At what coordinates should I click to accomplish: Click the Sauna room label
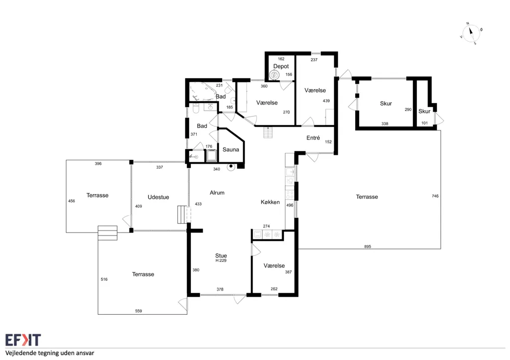pyautogui.click(x=231, y=149)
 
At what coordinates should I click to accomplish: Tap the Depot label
pyautogui.click(x=281, y=66)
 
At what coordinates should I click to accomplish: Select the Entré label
pyautogui.click(x=313, y=138)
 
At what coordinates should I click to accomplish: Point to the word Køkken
pyautogui.click(x=270, y=202)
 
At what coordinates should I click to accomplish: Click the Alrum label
pyautogui.click(x=217, y=193)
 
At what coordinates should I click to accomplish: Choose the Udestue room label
pyautogui.click(x=158, y=197)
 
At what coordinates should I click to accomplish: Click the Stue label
pyautogui.click(x=221, y=255)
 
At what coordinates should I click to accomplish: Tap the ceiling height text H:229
pyautogui.click(x=221, y=260)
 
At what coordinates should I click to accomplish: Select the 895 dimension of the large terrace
pyautogui.click(x=368, y=246)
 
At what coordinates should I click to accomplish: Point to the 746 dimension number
pyautogui.click(x=435, y=196)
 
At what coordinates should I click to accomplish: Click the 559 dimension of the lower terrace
pyautogui.click(x=138, y=311)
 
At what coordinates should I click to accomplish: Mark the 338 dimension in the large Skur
pyautogui.click(x=385, y=123)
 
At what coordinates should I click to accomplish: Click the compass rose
pyautogui.click(x=471, y=33)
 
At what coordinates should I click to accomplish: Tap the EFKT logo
pyautogui.click(x=23, y=340)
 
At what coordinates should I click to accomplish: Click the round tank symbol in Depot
pyautogui.click(x=274, y=75)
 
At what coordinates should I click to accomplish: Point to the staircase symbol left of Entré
pyautogui.click(x=267, y=132)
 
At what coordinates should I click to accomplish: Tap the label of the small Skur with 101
pyautogui.click(x=424, y=111)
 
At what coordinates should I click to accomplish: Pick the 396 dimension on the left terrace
pyautogui.click(x=98, y=164)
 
